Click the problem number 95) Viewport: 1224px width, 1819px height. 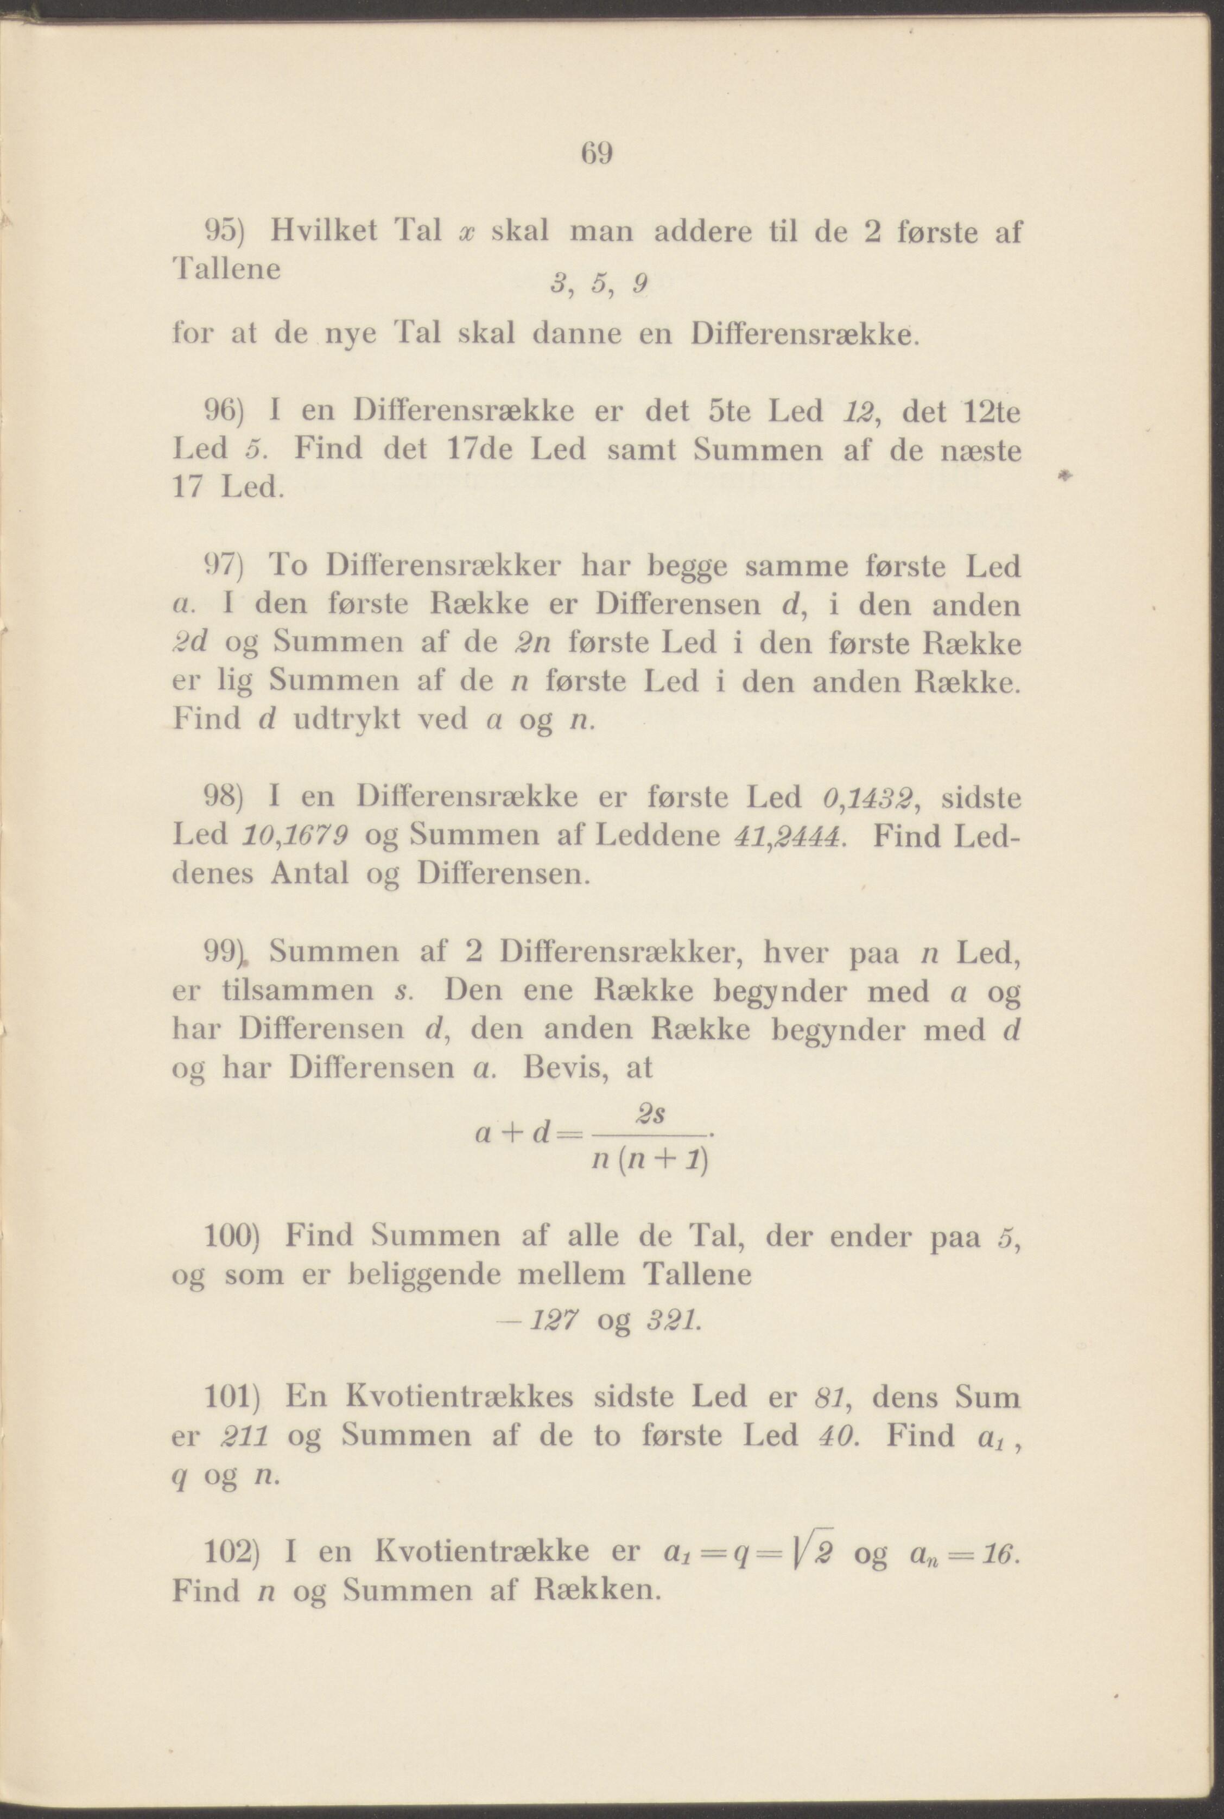[225, 231]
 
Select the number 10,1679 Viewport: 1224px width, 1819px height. [296, 836]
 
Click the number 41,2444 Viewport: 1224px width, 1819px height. [789, 836]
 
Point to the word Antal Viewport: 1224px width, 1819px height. [309, 873]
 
